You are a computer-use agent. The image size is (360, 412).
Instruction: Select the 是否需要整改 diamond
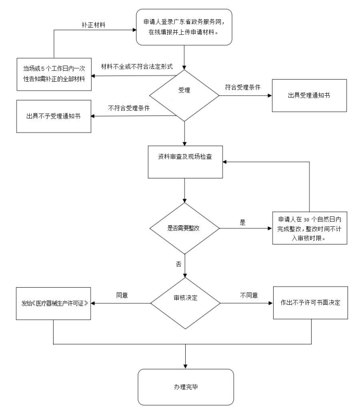[185, 228]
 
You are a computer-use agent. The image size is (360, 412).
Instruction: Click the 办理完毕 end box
[185, 388]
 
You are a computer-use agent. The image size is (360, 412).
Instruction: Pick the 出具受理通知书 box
[309, 96]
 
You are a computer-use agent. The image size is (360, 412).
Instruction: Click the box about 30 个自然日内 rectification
[310, 228]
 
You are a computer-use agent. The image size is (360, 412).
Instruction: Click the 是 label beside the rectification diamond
[242, 222]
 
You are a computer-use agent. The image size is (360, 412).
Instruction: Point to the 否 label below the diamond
[178, 265]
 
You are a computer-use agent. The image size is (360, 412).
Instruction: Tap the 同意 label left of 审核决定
[122, 295]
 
